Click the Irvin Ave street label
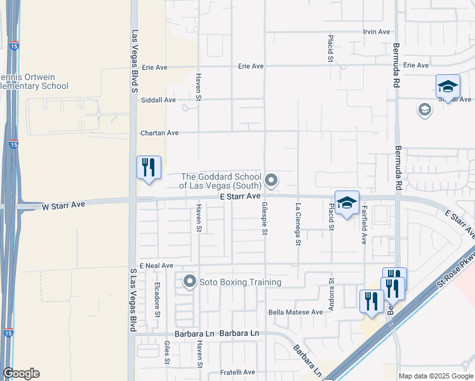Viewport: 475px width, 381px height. [x=376, y=32]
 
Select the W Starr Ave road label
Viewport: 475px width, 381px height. [x=64, y=205]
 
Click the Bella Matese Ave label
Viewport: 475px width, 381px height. [x=296, y=312]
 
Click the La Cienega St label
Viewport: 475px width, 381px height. [x=297, y=224]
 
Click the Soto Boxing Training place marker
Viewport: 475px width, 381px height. [x=189, y=281]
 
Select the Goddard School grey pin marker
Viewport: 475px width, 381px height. [x=272, y=181]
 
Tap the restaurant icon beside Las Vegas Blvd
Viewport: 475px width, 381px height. [x=149, y=168]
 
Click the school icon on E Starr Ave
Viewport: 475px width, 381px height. [x=347, y=203]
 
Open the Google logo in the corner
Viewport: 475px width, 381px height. [x=21, y=373]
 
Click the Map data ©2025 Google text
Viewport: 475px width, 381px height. [x=435, y=376]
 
